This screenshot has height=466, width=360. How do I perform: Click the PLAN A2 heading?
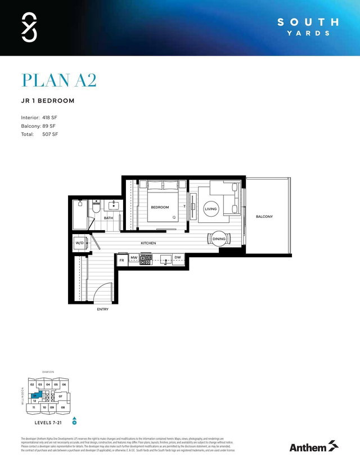coord(59,80)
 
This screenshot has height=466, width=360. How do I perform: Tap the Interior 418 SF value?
coord(50,117)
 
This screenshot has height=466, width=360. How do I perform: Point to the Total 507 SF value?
coord(50,135)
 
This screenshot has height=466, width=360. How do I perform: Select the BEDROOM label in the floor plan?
coord(159,207)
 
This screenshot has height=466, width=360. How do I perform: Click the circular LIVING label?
coord(210,209)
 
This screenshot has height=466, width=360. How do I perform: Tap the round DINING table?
coord(219,239)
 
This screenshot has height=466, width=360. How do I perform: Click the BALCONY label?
coord(264,217)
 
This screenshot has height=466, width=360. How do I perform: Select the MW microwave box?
coord(134,258)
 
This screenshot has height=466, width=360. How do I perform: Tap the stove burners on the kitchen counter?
coord(146,259)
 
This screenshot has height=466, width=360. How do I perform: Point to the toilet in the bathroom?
coord(97,207)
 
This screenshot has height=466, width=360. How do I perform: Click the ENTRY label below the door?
coord(102,309)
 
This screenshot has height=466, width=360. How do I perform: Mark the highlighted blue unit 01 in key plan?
coord(35,396)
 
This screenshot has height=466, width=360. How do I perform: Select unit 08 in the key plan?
coord(63,407)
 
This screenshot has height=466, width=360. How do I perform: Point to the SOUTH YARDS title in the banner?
coord(309,26)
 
